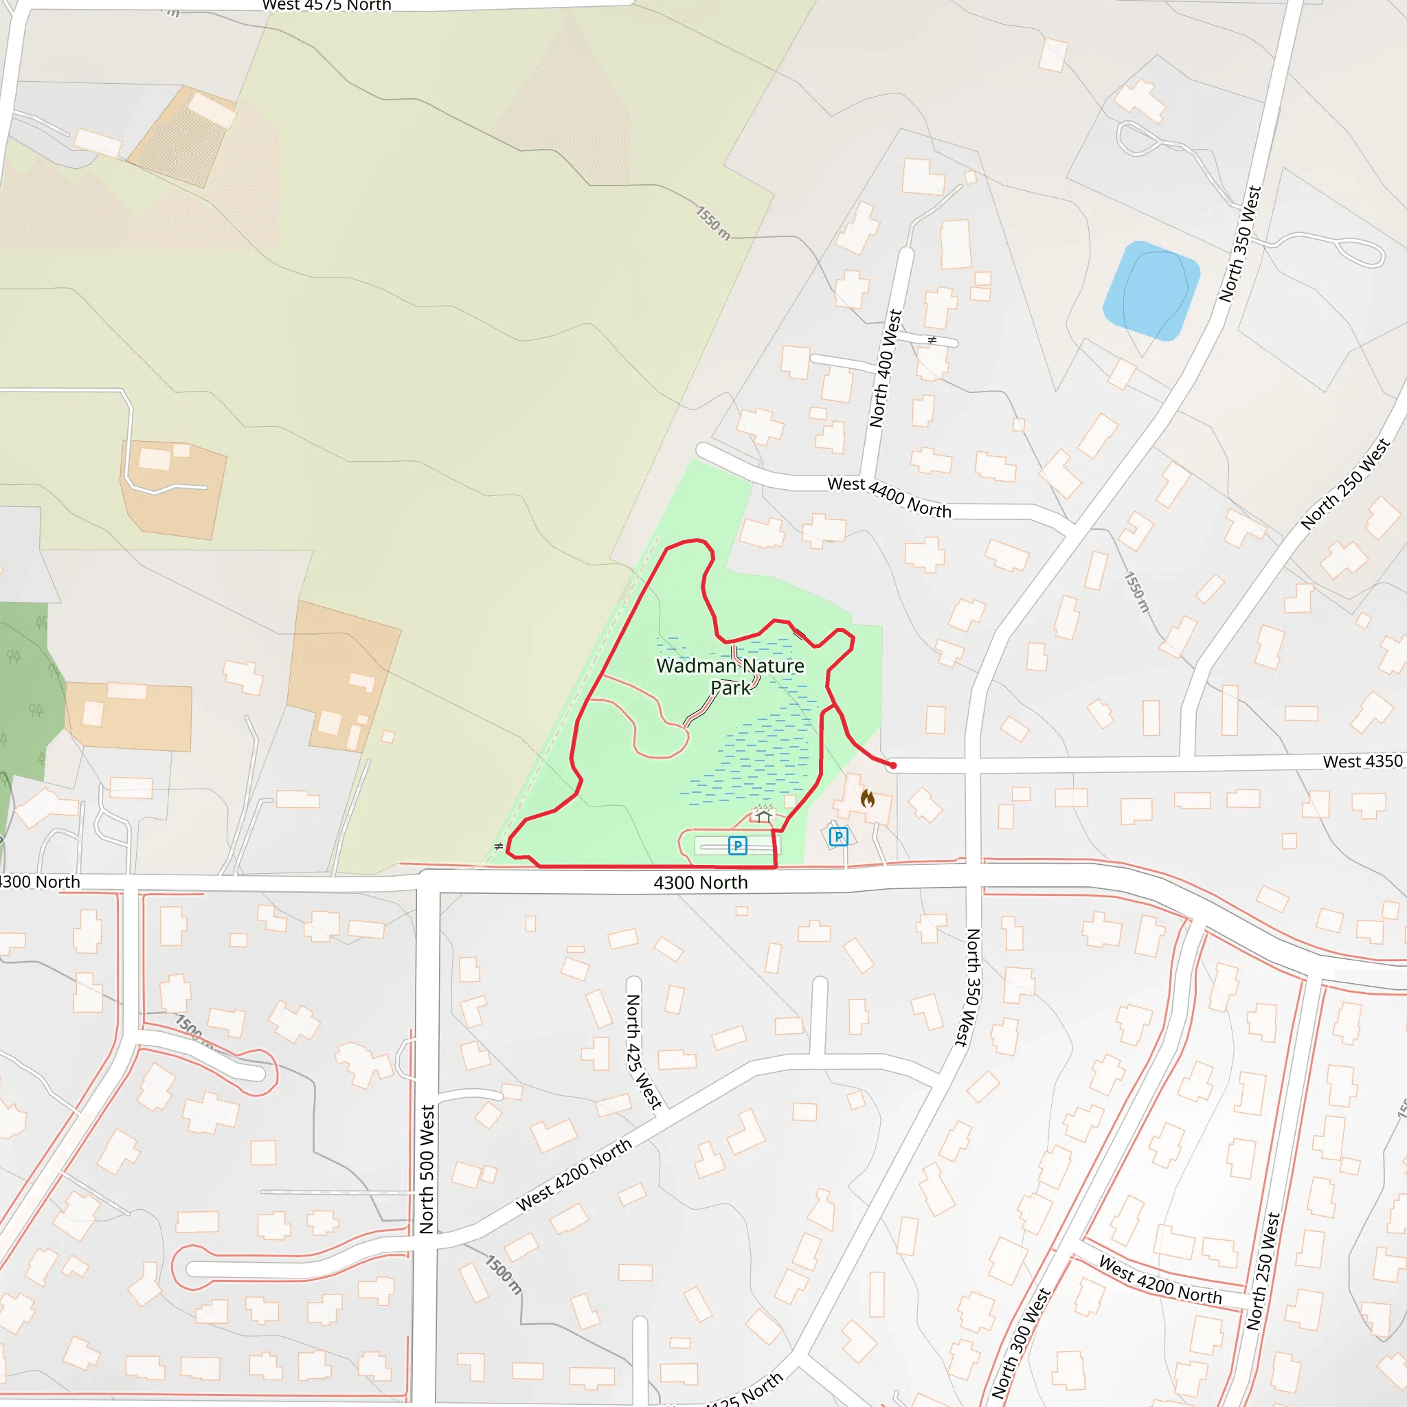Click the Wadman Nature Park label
730,676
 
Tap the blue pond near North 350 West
1151,291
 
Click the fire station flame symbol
868,799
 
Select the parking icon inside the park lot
738,846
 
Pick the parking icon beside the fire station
839,837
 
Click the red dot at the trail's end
893,765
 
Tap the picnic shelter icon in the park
763,814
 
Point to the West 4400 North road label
889,497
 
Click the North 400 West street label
886,368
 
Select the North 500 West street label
427,1169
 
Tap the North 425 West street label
642,1052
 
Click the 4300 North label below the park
701,883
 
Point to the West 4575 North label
327,5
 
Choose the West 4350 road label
1362,762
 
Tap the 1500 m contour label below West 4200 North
504,1274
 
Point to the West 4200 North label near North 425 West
574,1175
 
